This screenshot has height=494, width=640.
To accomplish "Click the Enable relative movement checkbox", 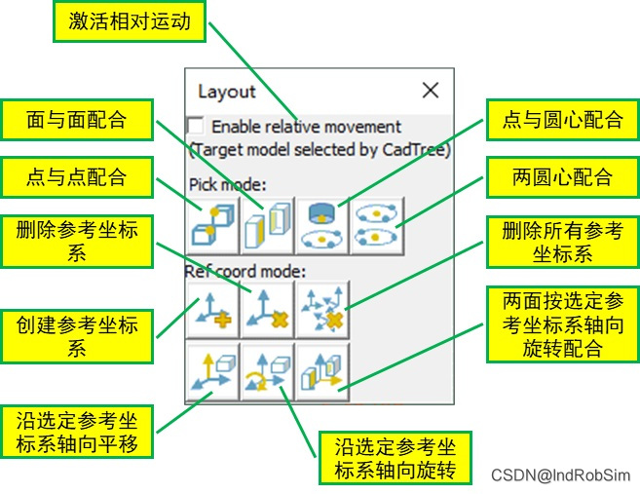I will pos(197,126).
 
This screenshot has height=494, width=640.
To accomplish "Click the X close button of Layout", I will pos(430,92).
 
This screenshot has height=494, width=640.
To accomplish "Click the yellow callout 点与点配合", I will pos(78,177).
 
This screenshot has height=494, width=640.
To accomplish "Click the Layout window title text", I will pos(227,92).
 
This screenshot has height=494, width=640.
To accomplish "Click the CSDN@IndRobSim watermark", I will pos(560,475).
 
